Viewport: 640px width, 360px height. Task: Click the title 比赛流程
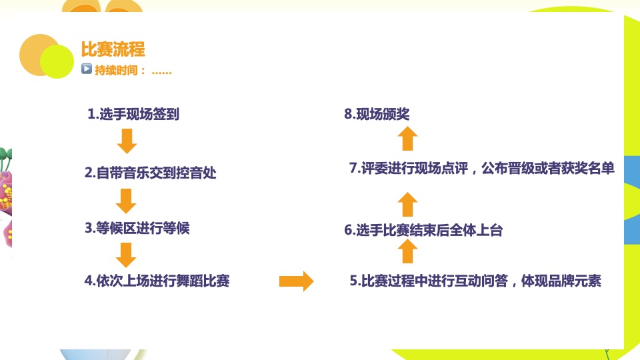pyautogui.click(x=112, y=50)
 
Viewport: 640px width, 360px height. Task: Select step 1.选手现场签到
pyautogui.click(x=133, y=115)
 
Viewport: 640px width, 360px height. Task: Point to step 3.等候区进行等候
pyautogui.click(x=137, y=228)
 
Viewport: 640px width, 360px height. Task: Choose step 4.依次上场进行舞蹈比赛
pyautogui.click(x=157, y=281)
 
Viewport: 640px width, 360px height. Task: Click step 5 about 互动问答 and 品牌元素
pyautogui.click(x=475, y=281)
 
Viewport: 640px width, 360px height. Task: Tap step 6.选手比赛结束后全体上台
pyautogui.click(x=423, y=231)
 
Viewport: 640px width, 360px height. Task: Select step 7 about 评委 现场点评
pyautogui.click(x=481, y=169)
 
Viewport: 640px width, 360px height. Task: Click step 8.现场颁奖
pyautogui.click(x=377, y=115)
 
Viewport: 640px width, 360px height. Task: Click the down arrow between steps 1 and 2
pyautogui.click(x=126, y=141)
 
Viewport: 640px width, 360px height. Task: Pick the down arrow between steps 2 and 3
pyautogui.click(x=126, y=200)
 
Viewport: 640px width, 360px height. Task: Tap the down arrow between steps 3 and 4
pyautogui.click(x=126, y=254)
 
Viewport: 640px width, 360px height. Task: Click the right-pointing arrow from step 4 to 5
pyautogui.click(x=296, y=281)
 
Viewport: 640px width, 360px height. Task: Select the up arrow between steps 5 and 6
pyautogui.click(x=409, y=252)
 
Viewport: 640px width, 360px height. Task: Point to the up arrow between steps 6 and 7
pyautogui.click(x=409, y=203)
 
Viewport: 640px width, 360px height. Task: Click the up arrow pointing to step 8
pyautogui.click(x=409, y=139)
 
